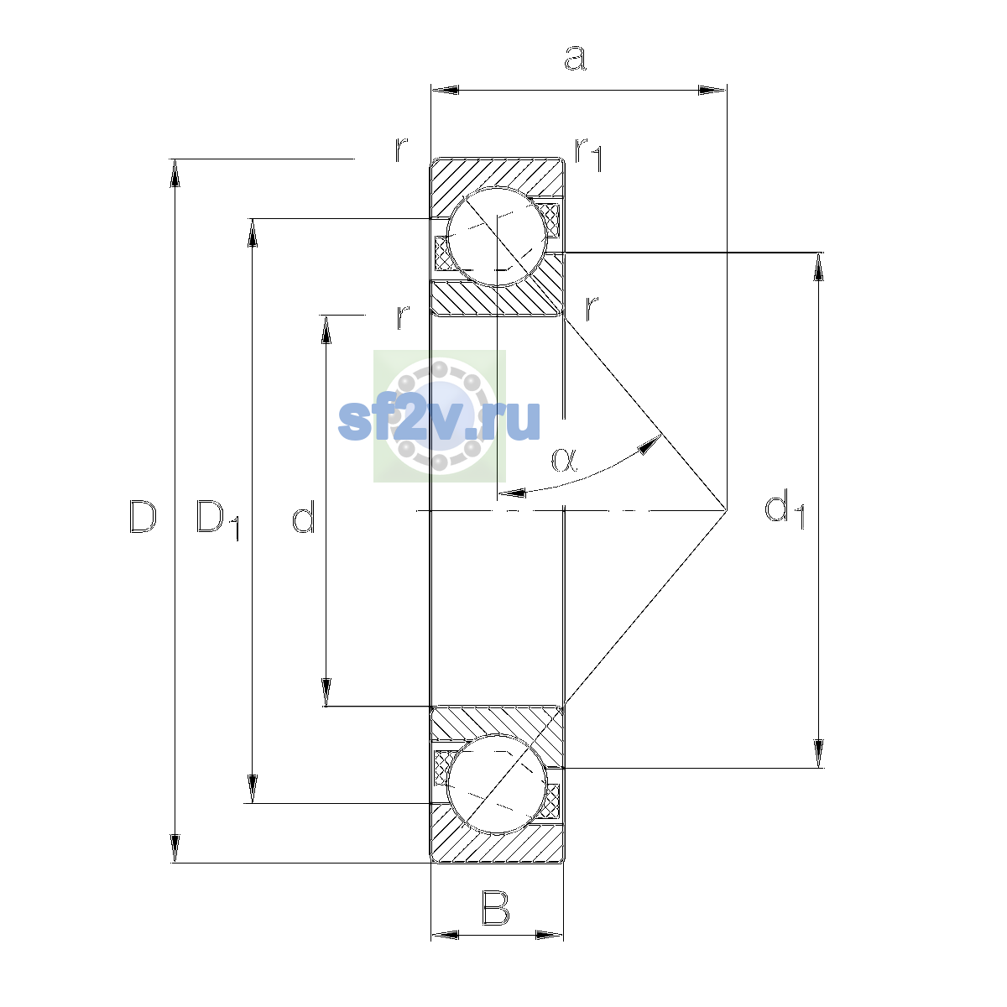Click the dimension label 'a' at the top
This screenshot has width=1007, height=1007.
(x=575, y=58)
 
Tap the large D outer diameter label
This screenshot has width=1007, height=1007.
(x=142, y=516)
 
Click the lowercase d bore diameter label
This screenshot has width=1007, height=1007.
(x=303, y=516)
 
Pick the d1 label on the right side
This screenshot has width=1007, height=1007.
(x=784, y=510)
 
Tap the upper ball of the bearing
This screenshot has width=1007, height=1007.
(x=497, y=237)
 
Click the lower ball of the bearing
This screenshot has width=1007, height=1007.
(x=497, y=784)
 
